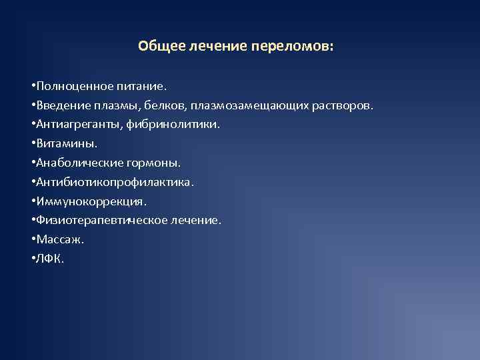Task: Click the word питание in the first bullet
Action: [x=143, y=86]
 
